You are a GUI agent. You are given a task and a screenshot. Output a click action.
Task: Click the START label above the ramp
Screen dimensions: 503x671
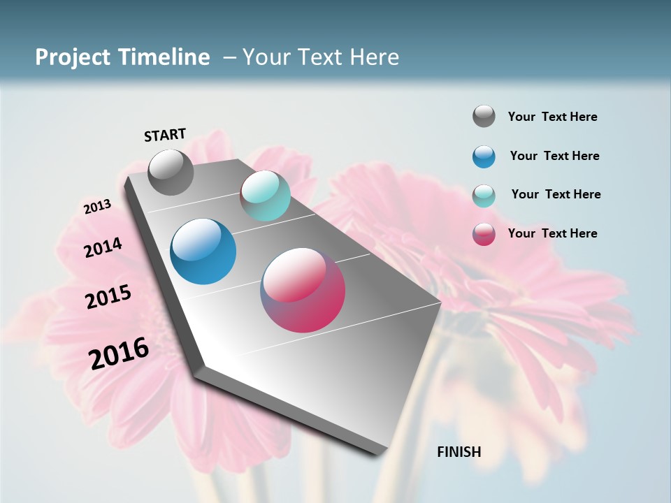point(165,135)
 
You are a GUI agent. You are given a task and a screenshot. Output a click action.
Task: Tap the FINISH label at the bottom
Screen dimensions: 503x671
point(459,452)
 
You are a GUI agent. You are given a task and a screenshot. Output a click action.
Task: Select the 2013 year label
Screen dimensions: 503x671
point(97,207)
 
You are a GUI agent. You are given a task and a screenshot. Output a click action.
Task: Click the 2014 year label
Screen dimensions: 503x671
point(103,248)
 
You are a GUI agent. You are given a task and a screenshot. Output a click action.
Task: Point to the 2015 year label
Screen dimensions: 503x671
point(108,297)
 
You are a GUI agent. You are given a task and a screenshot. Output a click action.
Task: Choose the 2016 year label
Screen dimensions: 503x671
point(119,353)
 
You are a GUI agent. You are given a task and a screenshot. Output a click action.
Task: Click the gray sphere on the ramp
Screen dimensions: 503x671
point(171,172)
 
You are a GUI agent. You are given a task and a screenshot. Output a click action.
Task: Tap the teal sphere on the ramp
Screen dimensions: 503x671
point(265,196)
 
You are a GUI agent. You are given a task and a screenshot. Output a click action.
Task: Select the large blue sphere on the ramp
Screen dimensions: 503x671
point(203,251)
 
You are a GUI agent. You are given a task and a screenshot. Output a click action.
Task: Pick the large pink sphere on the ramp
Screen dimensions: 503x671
point(303,290)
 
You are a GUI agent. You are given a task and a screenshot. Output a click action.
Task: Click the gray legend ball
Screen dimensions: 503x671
point(484,116)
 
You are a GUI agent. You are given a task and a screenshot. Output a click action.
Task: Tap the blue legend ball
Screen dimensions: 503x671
point(484,156)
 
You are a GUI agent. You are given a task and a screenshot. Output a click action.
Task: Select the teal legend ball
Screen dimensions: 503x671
point(484,195)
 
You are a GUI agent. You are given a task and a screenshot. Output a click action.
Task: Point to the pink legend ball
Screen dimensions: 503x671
point(484,234)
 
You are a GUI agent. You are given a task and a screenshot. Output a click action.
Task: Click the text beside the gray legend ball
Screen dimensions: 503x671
point(552,117)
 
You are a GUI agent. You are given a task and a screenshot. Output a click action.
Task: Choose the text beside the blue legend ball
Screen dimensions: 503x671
point(554,156)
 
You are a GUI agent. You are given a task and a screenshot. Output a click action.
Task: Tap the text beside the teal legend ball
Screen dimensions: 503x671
point(556,194)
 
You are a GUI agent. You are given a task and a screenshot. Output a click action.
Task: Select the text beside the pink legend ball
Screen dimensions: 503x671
point(552,233)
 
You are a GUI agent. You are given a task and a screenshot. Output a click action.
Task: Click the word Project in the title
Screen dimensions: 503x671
point(73,57)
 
